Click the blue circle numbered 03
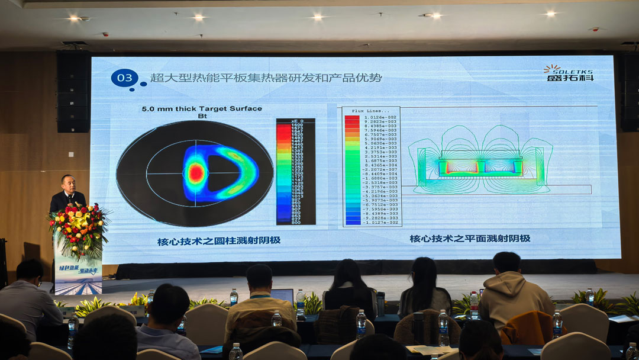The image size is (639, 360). (x=124, y=78)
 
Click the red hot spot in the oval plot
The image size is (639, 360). (x=196, y=172)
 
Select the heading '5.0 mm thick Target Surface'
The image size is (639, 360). (x=202, y=109)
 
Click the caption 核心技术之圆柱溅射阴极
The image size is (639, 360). (x=218, y=240)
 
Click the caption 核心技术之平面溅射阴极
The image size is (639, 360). (x=470, y=239)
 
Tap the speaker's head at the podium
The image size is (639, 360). (x=68, y=182)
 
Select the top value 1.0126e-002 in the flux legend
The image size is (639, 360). (x=380, y=117)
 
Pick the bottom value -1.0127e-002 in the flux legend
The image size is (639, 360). (x=380, y=223)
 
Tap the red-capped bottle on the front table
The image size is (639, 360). (x=474, y=304)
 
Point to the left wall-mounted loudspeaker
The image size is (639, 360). (x=73, y=92)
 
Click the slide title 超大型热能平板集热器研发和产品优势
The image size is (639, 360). (x=266, y=78)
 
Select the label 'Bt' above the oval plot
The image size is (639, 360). (x=202, y=117)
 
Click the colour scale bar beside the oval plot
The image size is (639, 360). (x=295, y=171)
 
